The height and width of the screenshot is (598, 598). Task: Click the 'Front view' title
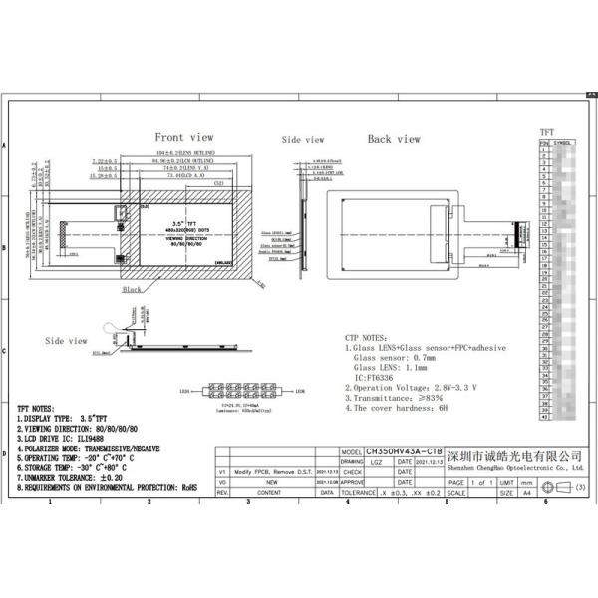183,138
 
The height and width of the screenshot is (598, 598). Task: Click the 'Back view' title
394,139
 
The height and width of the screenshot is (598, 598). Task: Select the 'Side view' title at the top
304,141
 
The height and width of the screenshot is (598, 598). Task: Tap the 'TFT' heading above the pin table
546,132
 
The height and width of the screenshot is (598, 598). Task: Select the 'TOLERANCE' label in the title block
357,492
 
